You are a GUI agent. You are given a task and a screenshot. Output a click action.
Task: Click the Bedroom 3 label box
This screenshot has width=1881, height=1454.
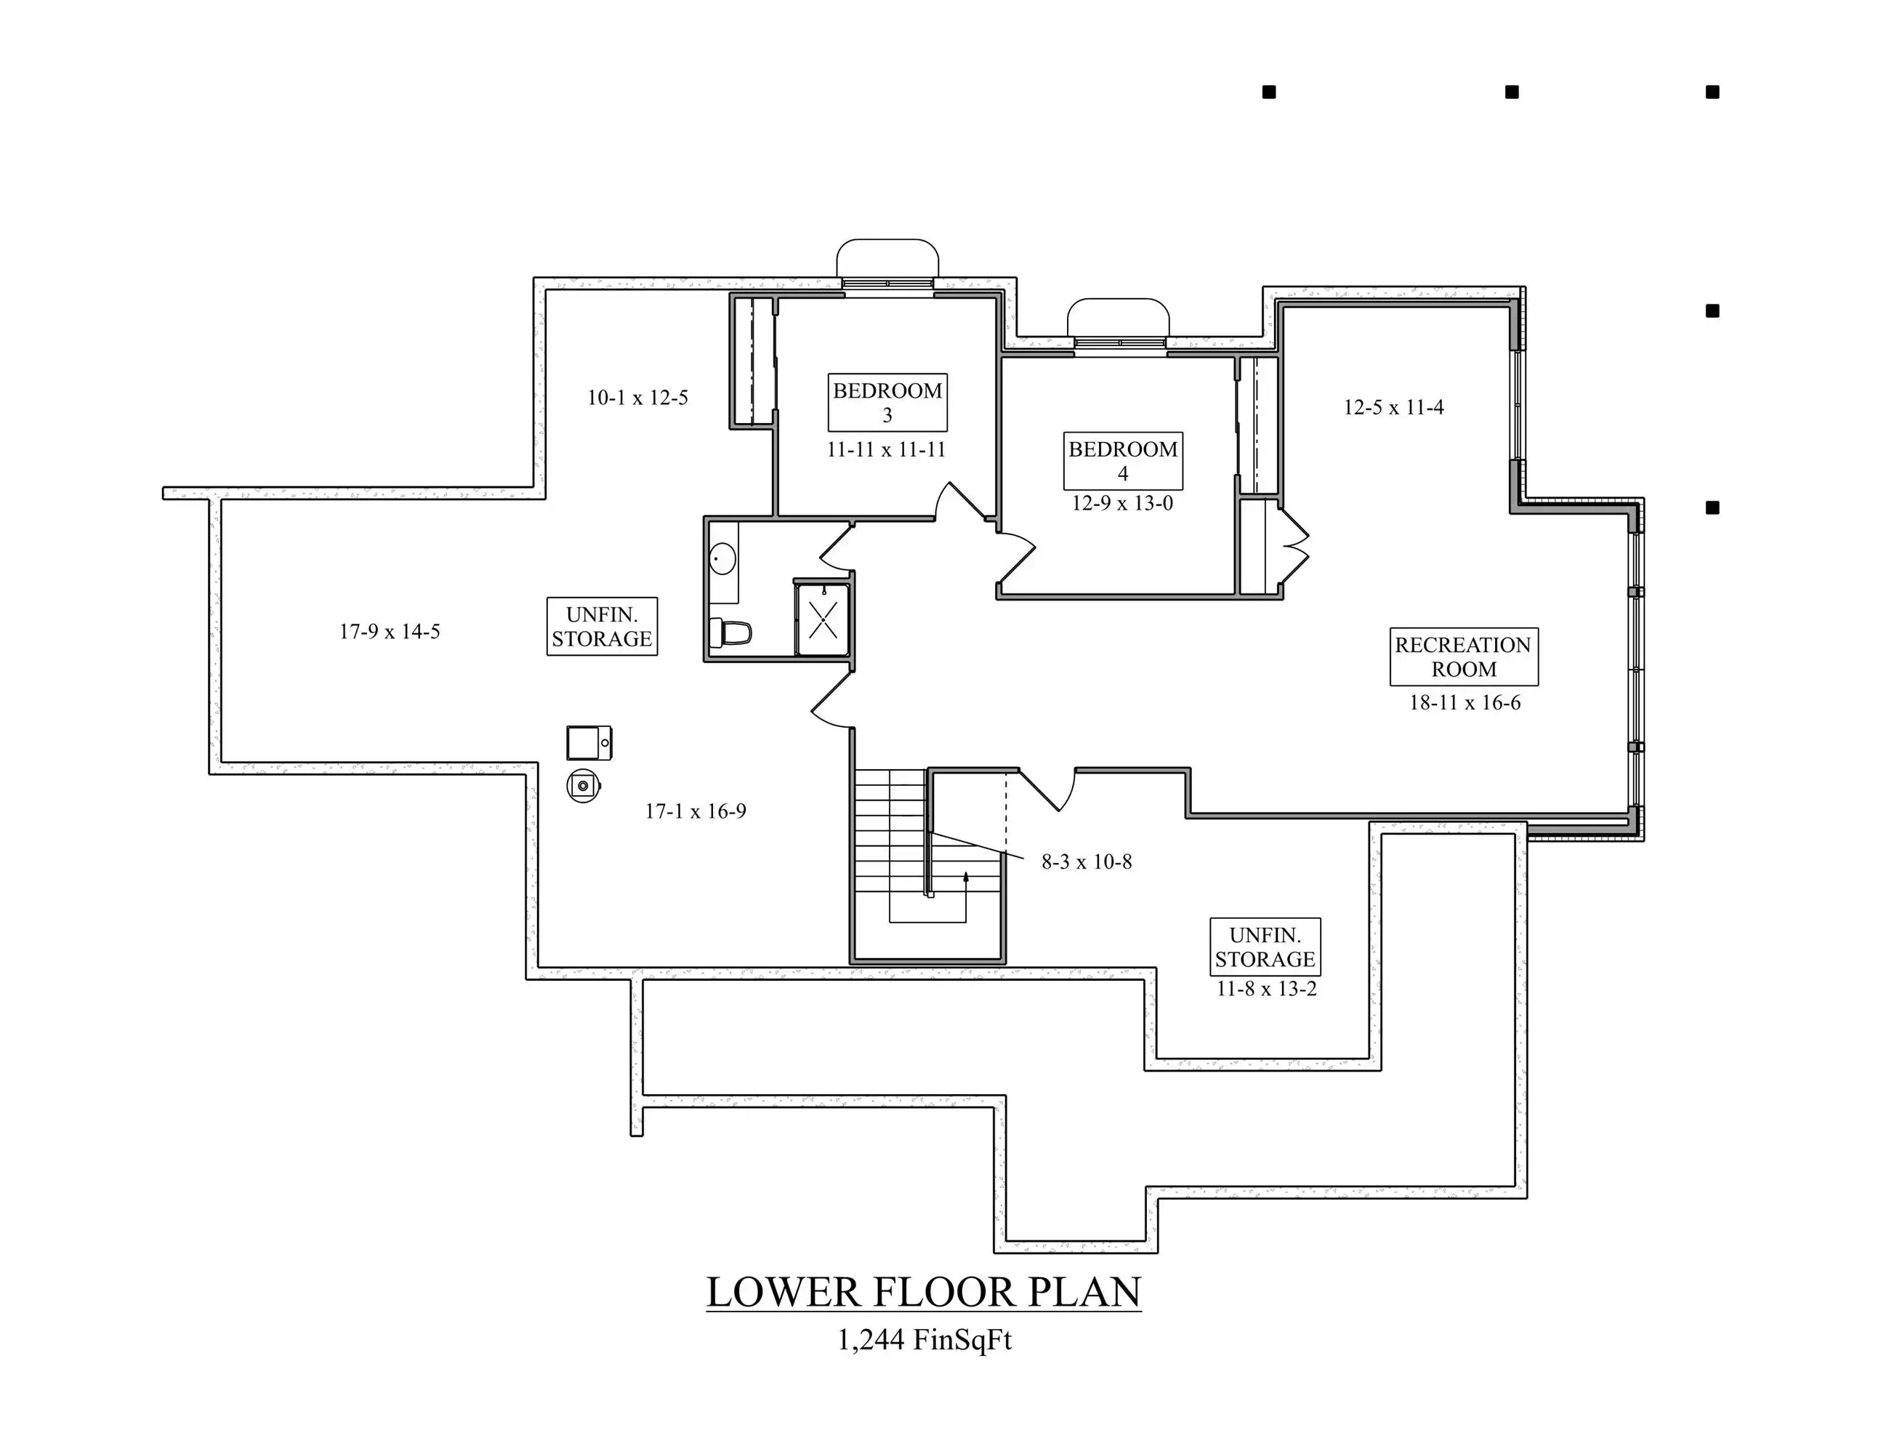pos(887,402)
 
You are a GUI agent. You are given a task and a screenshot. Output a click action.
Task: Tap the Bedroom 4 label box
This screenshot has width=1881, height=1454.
pos(1122,461)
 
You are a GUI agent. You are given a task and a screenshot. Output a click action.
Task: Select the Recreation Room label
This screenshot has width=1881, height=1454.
pos(1463,656)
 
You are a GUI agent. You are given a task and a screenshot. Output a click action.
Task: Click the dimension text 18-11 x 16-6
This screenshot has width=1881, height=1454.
pos(1464,703)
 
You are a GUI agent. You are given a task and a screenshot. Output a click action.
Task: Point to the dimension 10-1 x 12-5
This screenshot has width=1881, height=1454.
pos(637,398)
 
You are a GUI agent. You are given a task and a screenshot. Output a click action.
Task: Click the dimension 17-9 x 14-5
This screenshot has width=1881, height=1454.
pos(390,631)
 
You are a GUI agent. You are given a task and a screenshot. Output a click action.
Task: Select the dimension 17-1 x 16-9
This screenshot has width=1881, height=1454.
pos(695,811)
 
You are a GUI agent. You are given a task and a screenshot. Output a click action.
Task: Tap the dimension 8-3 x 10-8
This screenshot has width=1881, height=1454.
pos(1086,861)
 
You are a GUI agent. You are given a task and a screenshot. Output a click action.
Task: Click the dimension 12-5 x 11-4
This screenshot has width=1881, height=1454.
pos(1393,407)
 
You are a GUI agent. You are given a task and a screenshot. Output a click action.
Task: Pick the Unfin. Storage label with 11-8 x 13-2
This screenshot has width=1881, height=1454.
pos(1265,947)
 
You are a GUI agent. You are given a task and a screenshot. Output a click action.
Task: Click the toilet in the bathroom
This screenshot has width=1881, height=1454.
pos(730,633)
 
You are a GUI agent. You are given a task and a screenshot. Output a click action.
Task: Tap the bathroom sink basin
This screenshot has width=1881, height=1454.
pos(722,559)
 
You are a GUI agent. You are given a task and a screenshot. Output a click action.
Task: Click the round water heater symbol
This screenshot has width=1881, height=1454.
pos(583,786)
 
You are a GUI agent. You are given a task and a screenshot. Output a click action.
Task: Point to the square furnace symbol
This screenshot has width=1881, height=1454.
pos(589,742)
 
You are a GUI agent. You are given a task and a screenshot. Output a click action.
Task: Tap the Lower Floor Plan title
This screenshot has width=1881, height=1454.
pos(923,1292)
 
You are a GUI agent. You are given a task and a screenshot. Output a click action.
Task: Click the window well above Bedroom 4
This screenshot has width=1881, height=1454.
pos(1118,318)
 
